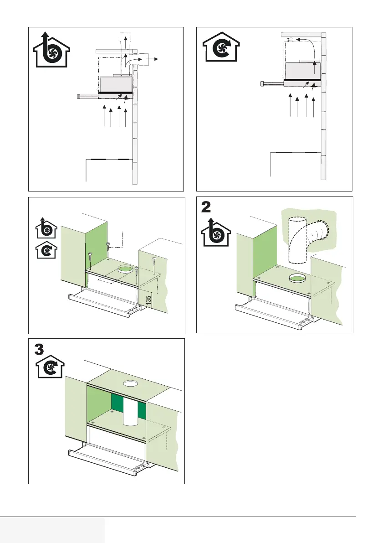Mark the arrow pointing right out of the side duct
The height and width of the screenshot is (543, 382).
point(156,59)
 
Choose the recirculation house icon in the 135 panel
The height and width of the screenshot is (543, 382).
point(46,251)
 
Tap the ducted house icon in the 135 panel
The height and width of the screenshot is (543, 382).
point(46,228)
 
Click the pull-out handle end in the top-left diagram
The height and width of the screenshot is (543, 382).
point(79,96)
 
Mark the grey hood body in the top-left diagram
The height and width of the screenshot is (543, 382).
point(116,83)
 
